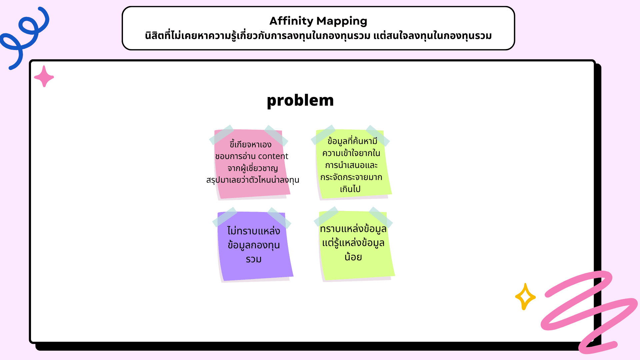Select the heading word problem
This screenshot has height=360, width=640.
tap(300, 100)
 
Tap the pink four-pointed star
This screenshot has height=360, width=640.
tap(44, 77)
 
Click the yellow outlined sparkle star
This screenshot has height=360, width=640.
tap(525, 296)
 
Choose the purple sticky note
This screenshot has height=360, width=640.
tap(255, 270)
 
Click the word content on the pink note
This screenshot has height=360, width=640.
tap(273, 156)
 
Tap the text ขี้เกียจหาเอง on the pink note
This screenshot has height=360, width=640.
tap(251, 145)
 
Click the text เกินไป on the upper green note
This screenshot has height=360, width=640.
tap(350, 189)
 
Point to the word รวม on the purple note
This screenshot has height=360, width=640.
tap(254, 259)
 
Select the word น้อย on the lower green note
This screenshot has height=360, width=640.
tap(353, 257)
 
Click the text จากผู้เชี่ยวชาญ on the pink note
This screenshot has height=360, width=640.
tap(253, 168)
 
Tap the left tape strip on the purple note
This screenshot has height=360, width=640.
tap(224, 217)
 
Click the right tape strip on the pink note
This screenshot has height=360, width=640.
tap(276, 135)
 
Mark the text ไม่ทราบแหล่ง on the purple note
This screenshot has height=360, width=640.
tap(254, 231)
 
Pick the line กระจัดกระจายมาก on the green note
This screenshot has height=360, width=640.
tap(351, 177)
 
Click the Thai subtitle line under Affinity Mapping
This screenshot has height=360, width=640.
tap(318, 36)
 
